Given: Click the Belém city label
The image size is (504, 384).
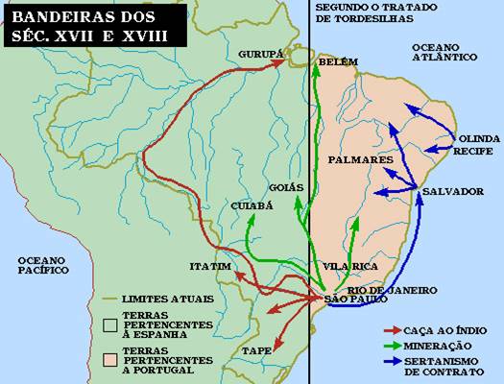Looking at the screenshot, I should [338, 61].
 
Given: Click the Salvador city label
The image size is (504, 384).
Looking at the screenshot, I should [453, 191].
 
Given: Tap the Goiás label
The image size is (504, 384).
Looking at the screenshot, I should [289, 187].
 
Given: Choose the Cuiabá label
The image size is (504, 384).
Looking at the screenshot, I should [252, 205].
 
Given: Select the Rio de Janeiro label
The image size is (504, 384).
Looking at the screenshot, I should [392, 289].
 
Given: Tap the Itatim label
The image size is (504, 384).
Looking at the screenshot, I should [211, 265].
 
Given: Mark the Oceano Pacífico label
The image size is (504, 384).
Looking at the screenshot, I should [35, 265].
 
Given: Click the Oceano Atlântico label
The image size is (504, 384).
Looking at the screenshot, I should [444, 52].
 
